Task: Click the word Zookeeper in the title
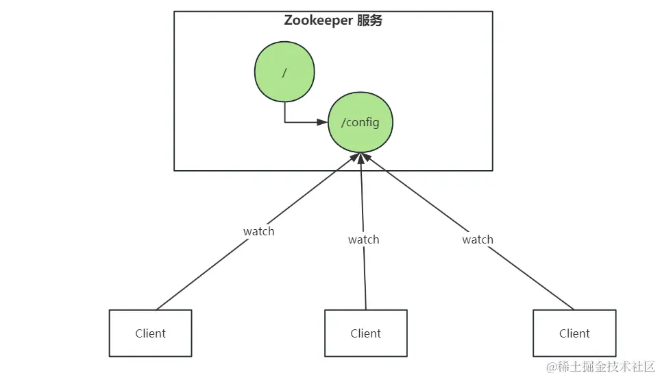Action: pyautogui.click(x=319, y=21)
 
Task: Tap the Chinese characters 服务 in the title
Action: pyautogui.click(x=369, y=21)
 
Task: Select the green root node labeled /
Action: pyautogui.click(x=284, y=72)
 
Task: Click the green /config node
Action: pyautogui.click(x=360, y=123)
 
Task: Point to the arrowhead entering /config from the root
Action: pyautogui.click(x=323, y=123)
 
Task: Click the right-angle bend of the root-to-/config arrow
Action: pyautogui.click(x=285, y=123)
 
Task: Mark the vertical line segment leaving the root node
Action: pyautogui.click(x=285, y=112)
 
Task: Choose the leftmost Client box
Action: pyautogui.click(x=150, y=333)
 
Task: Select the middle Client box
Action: pyautogui.click(x=365, y=333)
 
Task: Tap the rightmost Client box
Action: pyautogui.click(x=574, y=333)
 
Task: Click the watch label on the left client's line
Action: pyautogui.click(x=258, y=231)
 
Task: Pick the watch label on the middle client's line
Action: pyautogui.click(x=363, y=239)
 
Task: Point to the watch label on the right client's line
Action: pyautogui.click(x=478, y=239)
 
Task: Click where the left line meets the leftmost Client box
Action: pyautogui.click(x=156, y=309)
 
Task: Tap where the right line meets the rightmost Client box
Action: pyautogui.click(x=574, y=309)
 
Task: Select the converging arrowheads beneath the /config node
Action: pyautogui.click(x=360, y=158)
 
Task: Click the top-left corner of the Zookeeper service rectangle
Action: pyautogui.click(x=174, y=12)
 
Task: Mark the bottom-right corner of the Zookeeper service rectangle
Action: pyautogui.click(x=493, y=170)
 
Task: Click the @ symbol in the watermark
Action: pyautogui.click(x=552, y=367)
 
